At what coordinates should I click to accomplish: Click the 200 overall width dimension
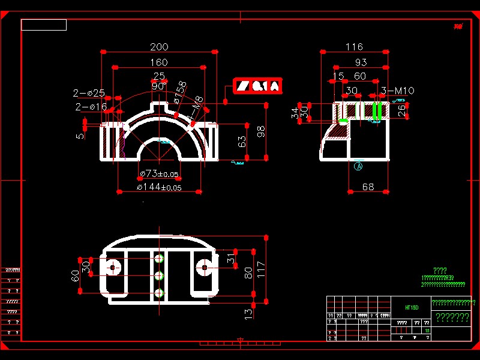click(x=159, y=47)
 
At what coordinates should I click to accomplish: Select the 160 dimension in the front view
click(x=158, y=62)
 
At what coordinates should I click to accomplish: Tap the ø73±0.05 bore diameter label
click(x=159, y=174)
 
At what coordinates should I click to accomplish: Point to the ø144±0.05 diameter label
click(x=159, y=187)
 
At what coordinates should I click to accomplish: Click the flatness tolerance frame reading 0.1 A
click(x=257, y=86)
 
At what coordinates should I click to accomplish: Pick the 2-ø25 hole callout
click(x=89, y=93)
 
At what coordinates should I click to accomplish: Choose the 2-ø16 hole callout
click(x=90, y=107)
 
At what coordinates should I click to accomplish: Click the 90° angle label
click(x=158, y=86)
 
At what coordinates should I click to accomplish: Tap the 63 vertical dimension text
click(x=242, y=142)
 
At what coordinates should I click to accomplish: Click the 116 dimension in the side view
click(x=355, y=47)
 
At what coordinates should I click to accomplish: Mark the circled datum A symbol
click(x=359, y=166)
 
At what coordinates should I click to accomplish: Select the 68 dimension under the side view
click(x=368, y=187)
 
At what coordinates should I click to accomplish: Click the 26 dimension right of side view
click(x=402, y=109)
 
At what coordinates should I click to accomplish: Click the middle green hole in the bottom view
click(x=159, y=275)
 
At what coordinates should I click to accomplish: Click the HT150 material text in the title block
click(x=412, y=307)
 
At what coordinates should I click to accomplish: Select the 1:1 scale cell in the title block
click(x=427, y=331)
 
